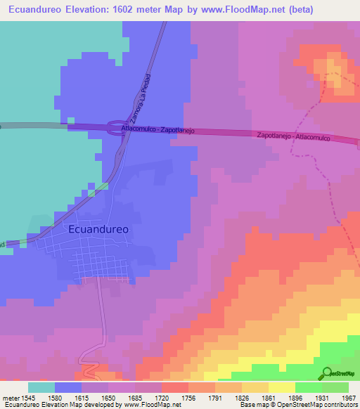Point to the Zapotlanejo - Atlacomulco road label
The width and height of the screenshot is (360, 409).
point(294,136)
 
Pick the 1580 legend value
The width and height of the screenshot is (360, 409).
point(67,397)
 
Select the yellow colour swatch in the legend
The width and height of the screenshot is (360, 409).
point(282,387)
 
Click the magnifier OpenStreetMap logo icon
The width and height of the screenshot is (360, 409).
point(328,374)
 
